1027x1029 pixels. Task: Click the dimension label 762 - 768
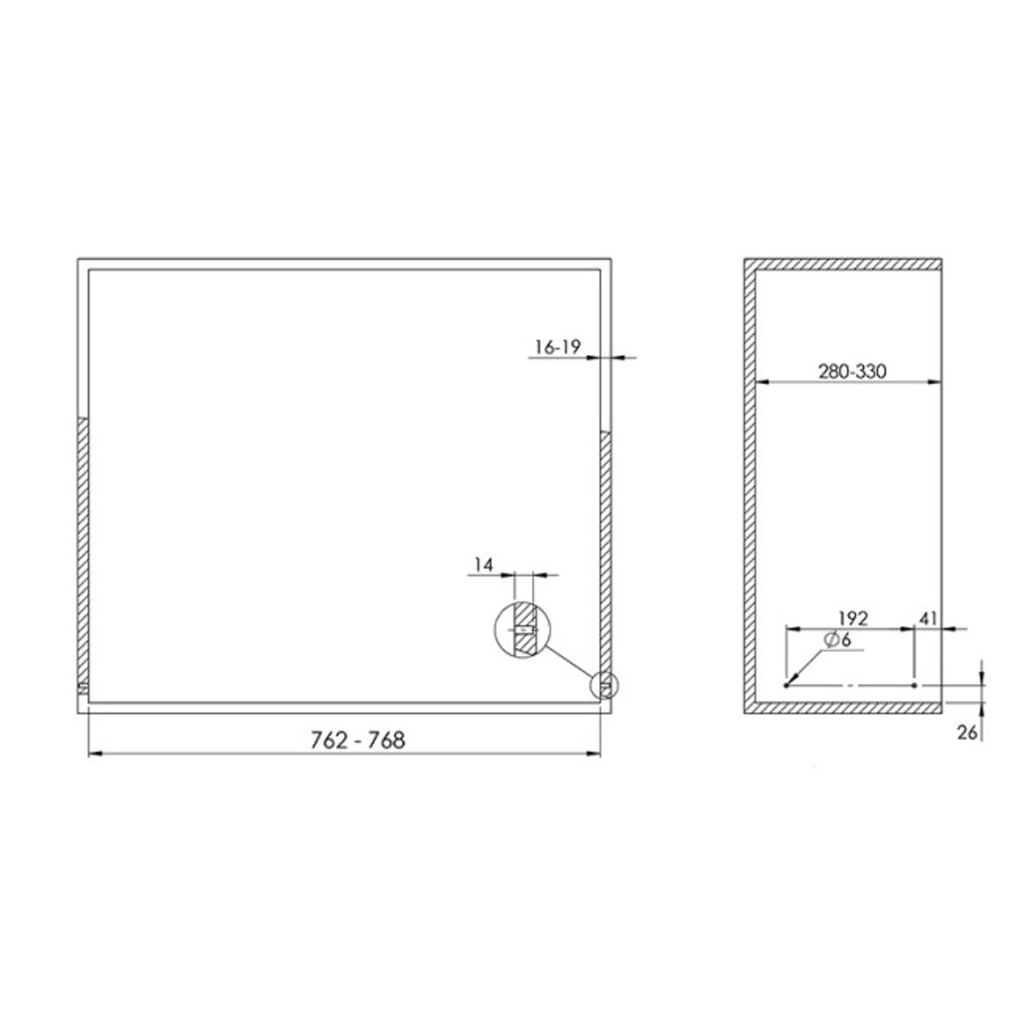click(358, 741)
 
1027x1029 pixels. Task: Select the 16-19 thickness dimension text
click(558, 346)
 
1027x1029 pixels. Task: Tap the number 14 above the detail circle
click(483, 564)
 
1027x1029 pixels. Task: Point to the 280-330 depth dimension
click(852, 371)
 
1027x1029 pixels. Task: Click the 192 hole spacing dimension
click(853, 618)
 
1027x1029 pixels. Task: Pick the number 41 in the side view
click(928, 618)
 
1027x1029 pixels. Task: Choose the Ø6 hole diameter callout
click(837, 639)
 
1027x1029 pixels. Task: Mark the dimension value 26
click(967, 733)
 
